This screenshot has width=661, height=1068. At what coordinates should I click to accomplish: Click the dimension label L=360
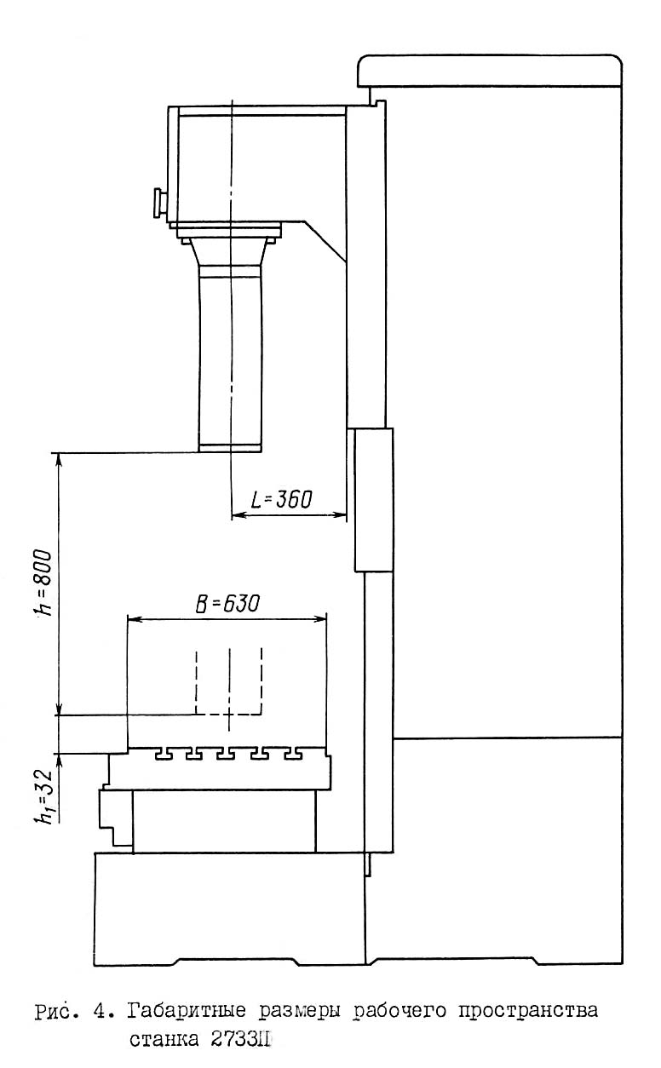pyautogui.click(x=281, y=499)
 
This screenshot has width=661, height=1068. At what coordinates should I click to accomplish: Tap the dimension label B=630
pyautogui.click(x=227, y=604)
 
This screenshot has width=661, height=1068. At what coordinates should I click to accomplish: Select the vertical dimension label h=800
pyautogui.click(x=44, y=583)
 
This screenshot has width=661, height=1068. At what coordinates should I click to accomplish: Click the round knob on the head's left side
pyautogui.click(x=158, y=203)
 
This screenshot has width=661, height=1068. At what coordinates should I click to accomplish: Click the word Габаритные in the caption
pyautogui.click(x=187, y=1011)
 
